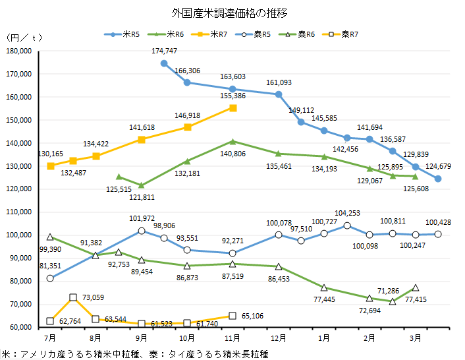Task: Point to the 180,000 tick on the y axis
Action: tap(19, 51)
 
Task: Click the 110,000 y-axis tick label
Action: tap(19, 212)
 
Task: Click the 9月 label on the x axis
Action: tap(142, 338)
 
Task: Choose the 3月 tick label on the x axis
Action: tap(416, 338)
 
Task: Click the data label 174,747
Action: tap(165, 51)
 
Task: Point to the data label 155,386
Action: tap(232, 96)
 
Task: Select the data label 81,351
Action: tap(51, 266)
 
